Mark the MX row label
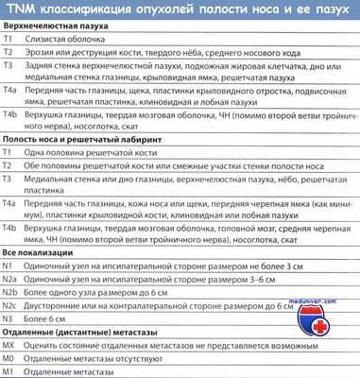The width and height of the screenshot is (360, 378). [10, 347]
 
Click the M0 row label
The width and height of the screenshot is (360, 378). [9, 360]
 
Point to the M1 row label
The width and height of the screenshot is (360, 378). [9, 372]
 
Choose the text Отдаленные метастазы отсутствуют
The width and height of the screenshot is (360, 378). [104, 360]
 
